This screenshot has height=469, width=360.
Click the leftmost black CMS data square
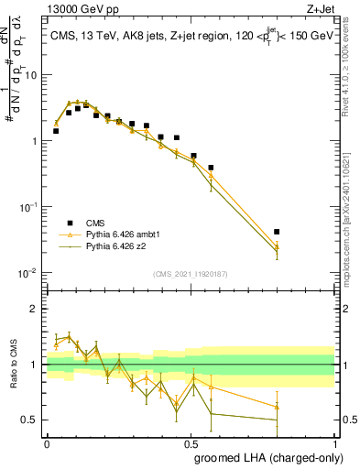56,131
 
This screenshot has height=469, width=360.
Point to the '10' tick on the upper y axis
33,75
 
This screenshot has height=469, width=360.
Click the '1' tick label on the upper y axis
37,141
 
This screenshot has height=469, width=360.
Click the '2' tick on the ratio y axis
37,309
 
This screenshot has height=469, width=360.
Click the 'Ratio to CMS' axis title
13,365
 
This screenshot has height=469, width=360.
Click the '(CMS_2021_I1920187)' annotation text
191,274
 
